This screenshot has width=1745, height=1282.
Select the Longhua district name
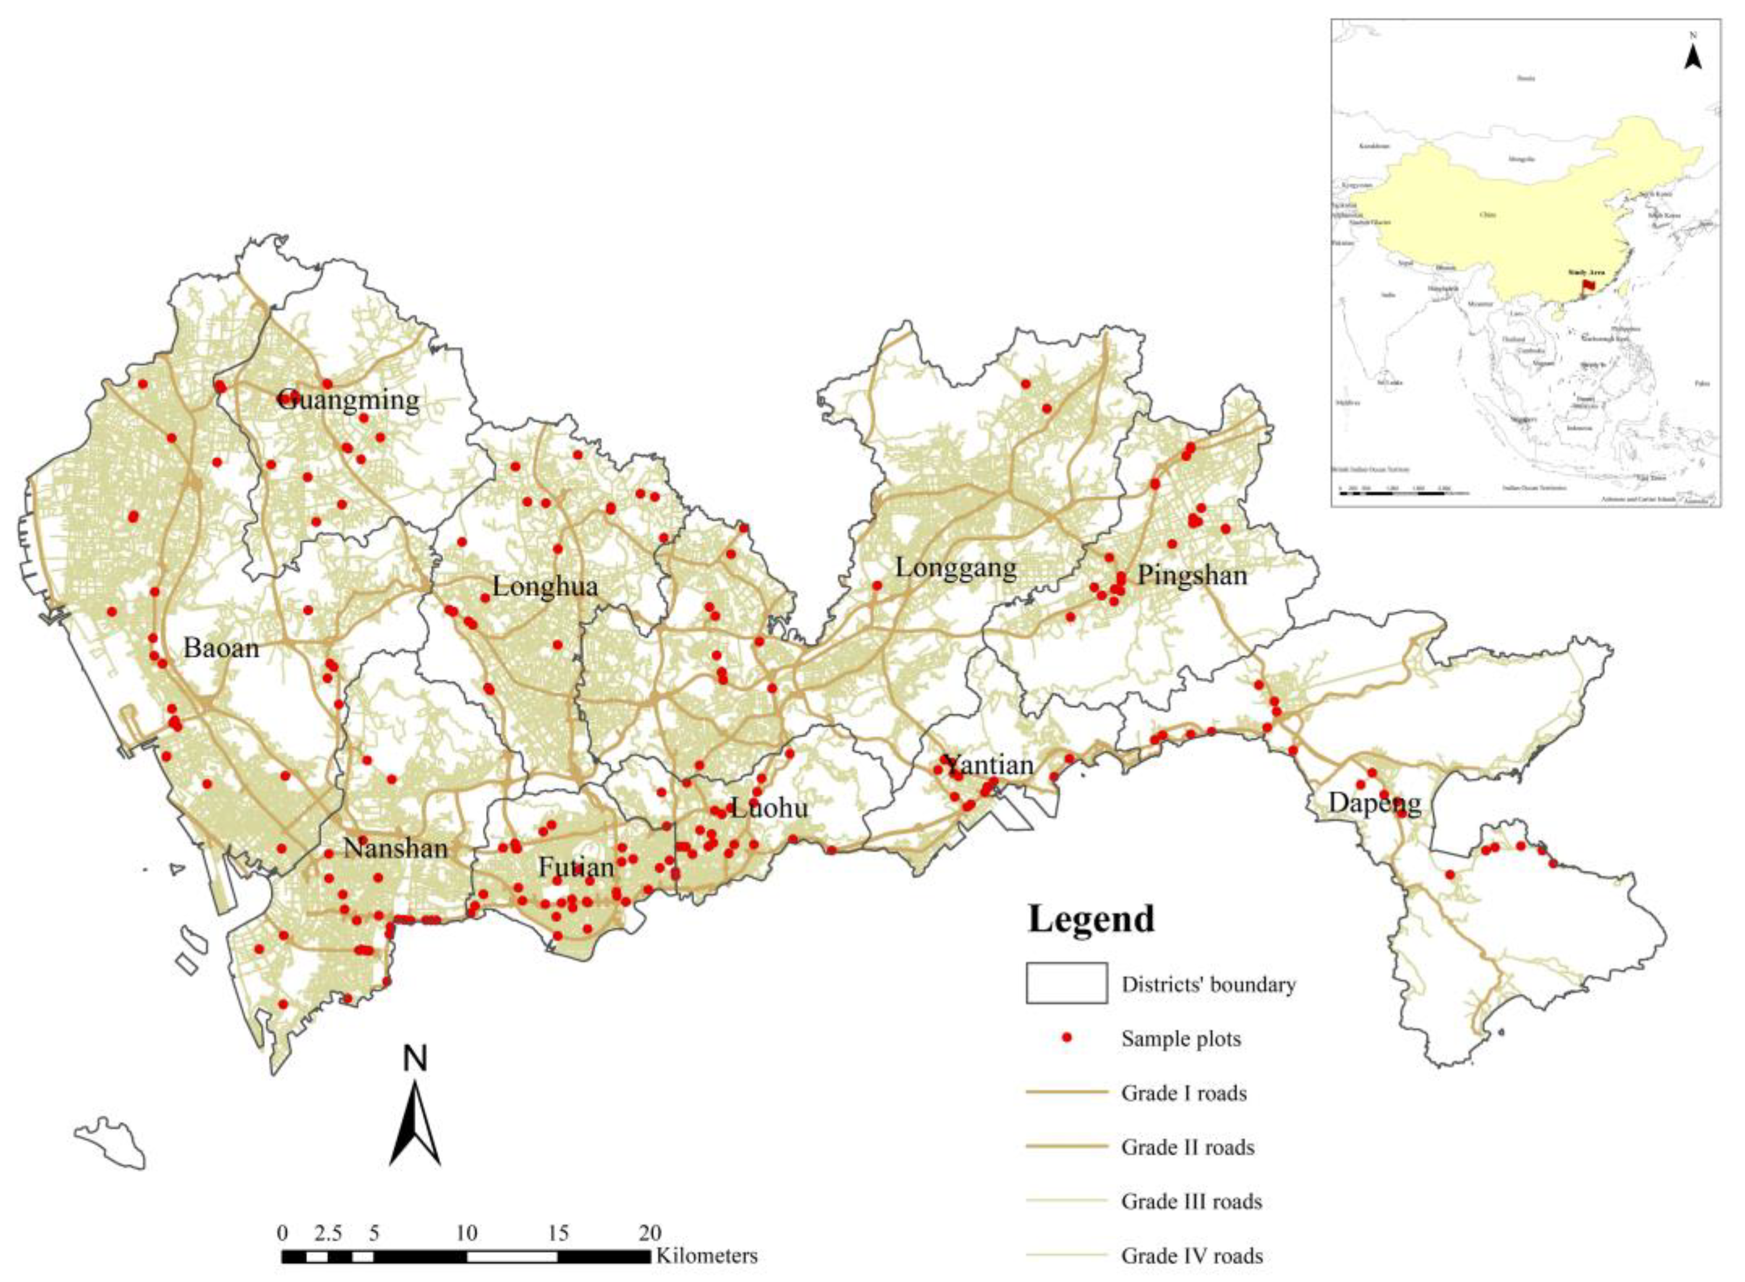pyautogui.click(x=545, y=586)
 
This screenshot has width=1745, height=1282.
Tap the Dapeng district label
pyautogui.click(x=1374, y=803)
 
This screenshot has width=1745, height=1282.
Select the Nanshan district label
pyautogui.click(x=396, y=848)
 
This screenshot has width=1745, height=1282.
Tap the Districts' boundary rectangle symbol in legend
pyautogui.click(x=1066, y=984)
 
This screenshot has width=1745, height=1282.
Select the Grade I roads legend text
pyautogui.click(x=1183, y=1094)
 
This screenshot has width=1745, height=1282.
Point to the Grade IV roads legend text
pyautogui.click(x=1192, y=1256)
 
